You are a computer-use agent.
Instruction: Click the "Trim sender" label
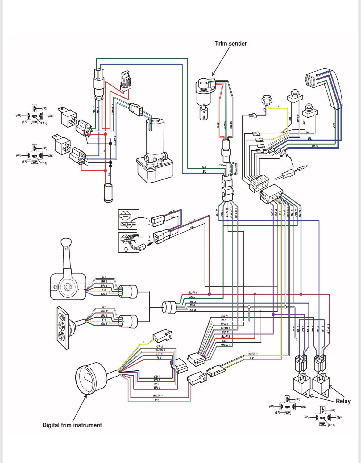click(x=231, y=44)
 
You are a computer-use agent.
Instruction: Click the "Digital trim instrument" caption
click(x=72, y=425)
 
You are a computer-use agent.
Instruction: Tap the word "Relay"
click(x=343, y=401)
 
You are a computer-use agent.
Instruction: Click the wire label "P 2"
click(x=157, y=400)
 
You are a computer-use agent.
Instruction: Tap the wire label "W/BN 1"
click(x=158, y=396)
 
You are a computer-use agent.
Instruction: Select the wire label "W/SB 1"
click(x=253, y=354)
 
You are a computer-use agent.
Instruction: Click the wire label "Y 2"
click(x=251, y=358)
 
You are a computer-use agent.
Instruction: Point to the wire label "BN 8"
click(x=224, y=316)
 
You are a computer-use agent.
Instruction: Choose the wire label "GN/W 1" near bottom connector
click(x=225, y=345)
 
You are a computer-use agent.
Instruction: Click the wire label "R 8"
click(x=159, y=358)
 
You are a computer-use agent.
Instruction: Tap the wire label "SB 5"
click(x=193, y=310)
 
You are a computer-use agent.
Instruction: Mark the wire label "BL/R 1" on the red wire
click(x=193, y=293)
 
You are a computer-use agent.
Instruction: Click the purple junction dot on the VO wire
click(x=273, y=314)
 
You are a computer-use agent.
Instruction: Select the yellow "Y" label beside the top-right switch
click(x=278, y=107)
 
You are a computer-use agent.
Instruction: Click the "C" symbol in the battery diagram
click(x=125, y=213)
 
